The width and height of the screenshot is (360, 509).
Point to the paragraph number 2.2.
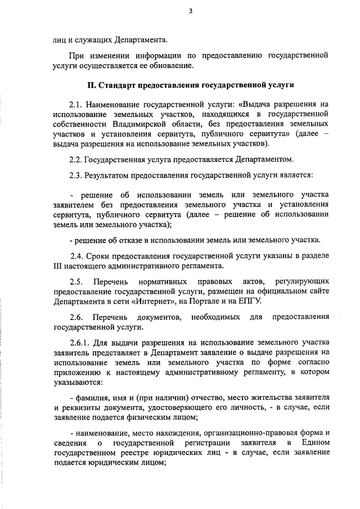(77, 159)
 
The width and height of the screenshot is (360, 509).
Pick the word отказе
(128, 241)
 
